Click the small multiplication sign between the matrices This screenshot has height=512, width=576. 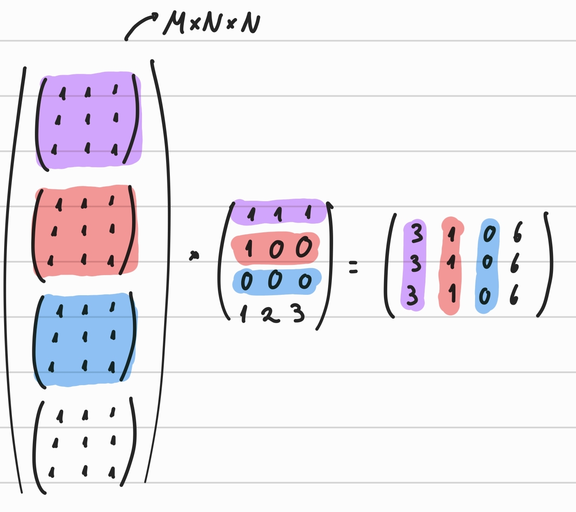click(194, 256)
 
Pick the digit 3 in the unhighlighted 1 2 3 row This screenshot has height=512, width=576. click(298, 314)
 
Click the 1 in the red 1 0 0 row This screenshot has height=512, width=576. click(249, 248)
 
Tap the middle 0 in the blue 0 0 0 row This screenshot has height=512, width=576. click(275, 281)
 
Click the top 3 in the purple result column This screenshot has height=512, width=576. click(416, 233)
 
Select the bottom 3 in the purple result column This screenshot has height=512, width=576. click(412, 296)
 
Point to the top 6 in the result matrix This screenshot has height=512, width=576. click(518, 232)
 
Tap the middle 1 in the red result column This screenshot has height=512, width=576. click(451, 262)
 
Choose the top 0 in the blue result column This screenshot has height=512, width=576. click(489, 234)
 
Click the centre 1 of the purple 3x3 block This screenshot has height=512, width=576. click(87, 119)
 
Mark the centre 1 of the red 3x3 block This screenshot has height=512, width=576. click(84, 230)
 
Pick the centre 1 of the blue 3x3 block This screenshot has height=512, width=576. click(85, 337)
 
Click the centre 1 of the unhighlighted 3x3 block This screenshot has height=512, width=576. click(85, 442)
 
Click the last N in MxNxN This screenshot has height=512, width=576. click(250, 23)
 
